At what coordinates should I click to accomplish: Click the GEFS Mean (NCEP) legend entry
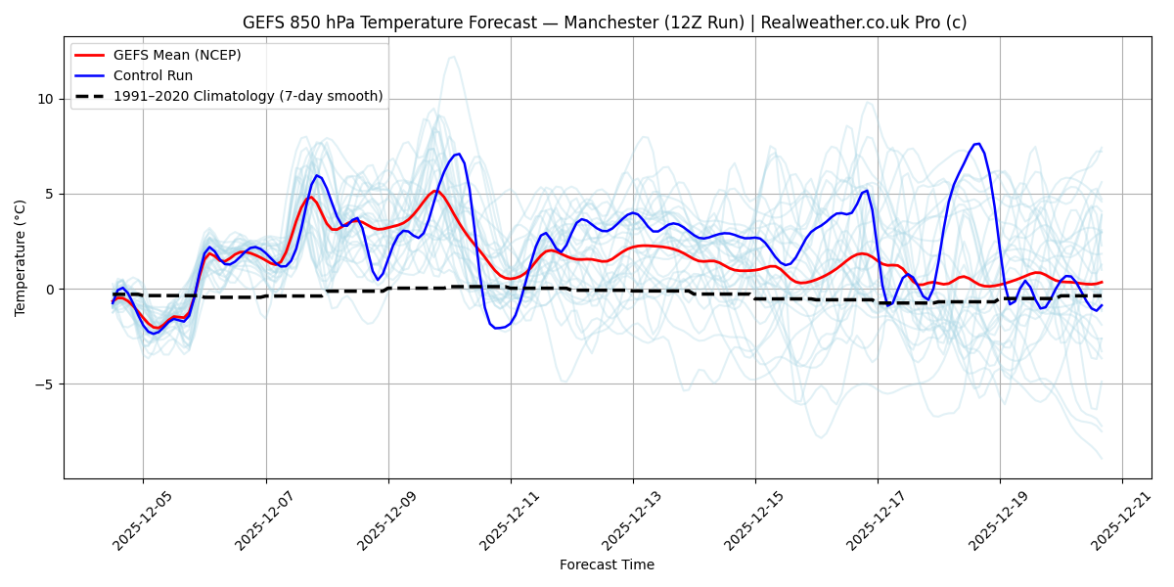point(177,55)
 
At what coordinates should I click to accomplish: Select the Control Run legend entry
point(153,75)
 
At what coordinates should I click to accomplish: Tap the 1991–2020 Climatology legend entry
point(248,96)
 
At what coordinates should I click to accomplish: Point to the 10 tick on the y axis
point(46,99)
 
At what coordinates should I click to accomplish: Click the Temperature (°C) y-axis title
point(21,257)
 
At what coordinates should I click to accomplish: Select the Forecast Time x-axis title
point(607,564)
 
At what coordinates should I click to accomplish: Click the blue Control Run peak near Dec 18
point(977,144)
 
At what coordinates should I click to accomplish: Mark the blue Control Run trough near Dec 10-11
point(497,328)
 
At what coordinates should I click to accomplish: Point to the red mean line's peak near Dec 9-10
point(435,191)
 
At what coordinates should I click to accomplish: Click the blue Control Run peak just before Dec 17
point(867,190)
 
